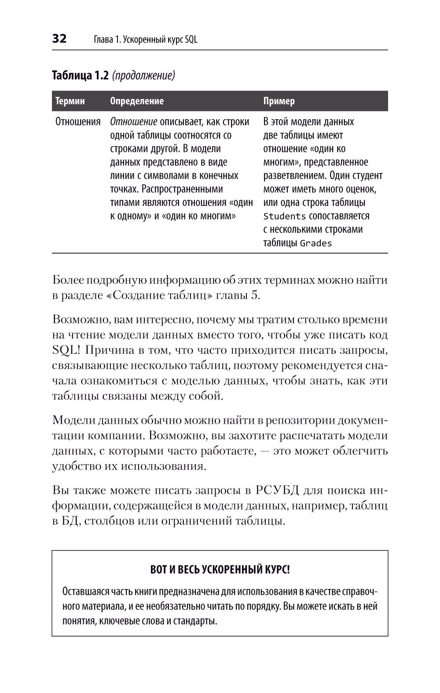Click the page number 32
coord(59,39)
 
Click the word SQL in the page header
coord(191,40)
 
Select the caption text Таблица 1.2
coord(80,75)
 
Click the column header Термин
coord(70,101)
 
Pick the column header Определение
coord(136,101)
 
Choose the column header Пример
coord(279,101)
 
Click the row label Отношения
coord(78,122)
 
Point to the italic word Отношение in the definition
coord(133,122)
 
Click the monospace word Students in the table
coord(284,216)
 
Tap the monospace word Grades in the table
coord(315,243)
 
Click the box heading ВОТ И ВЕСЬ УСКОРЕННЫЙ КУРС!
coord(220,570)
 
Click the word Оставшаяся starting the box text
coord(84,591)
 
